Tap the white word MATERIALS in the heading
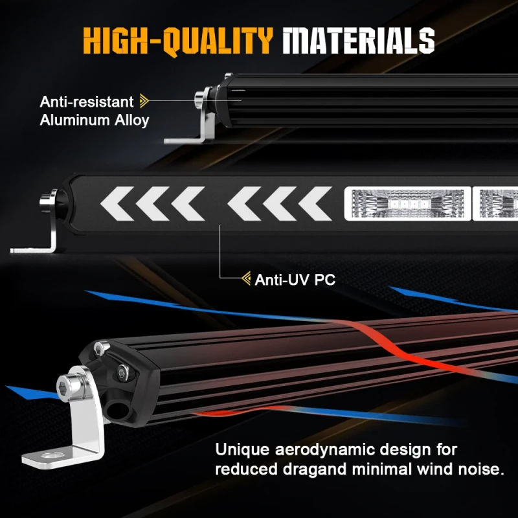[x=358, y=40]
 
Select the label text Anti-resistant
[x=87, y=102]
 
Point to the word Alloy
[x=132, y=120]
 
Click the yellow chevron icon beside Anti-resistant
[x=144, y=101]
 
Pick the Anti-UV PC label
[x=295, y=280]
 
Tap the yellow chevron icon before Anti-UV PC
[x=246, y=279]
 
